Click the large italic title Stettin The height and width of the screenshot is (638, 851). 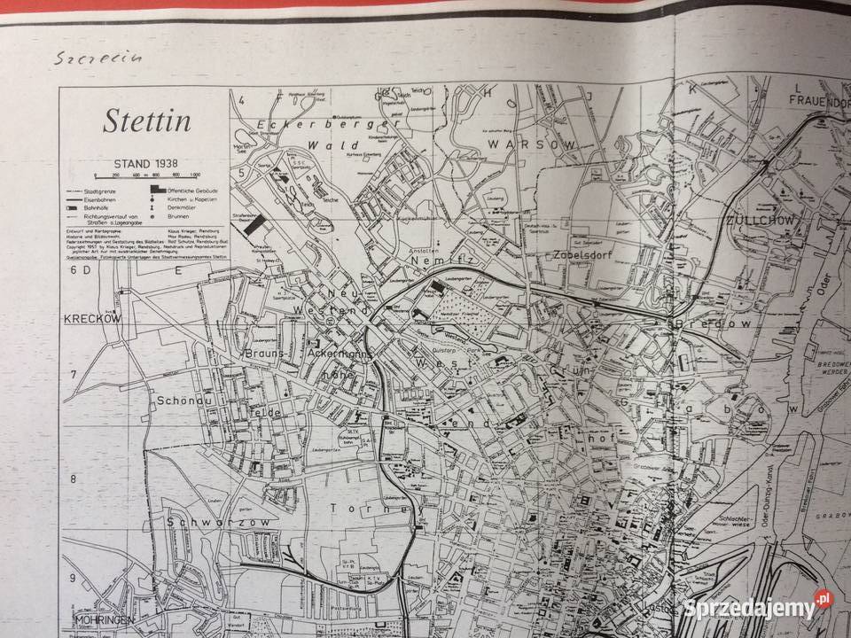[x=146, y=120]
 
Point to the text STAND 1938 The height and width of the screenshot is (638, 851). [x=146, y=164]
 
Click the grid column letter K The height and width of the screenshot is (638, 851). [x=685, y=89]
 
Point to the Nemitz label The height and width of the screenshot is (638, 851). [x=432, y=262]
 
